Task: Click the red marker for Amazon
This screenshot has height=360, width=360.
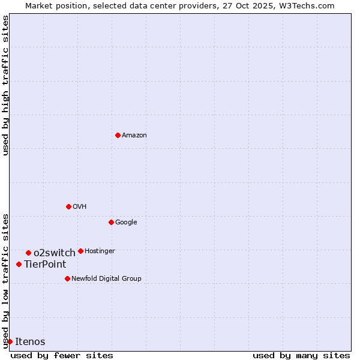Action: point(118,135)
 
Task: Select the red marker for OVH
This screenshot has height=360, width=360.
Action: point(68,206)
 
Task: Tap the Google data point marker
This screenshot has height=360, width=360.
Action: point(111,222)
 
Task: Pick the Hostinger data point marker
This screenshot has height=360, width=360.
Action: point(80,251)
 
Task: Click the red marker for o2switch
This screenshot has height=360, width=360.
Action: point(28,253)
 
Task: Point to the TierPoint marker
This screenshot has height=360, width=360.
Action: point(19,264)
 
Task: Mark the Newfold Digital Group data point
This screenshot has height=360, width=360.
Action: point(67,278)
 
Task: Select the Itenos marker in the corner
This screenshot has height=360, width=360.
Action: point(10,341)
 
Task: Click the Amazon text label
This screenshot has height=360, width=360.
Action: point(134,136)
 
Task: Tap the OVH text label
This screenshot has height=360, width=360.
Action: point(80,207)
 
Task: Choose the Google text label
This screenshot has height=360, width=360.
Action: point(126,223)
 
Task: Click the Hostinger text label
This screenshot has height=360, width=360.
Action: point(100,251)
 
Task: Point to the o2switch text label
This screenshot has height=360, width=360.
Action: point(55,253)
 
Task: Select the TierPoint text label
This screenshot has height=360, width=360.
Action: point(45,265)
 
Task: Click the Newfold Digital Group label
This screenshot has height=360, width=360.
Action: point(106,279)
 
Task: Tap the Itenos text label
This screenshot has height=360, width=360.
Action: point(30,342)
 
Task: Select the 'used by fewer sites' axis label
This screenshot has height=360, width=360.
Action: point(62,355)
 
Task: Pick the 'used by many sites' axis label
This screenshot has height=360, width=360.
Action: point(301,355)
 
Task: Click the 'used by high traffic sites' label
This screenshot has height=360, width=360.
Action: point(5,85)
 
